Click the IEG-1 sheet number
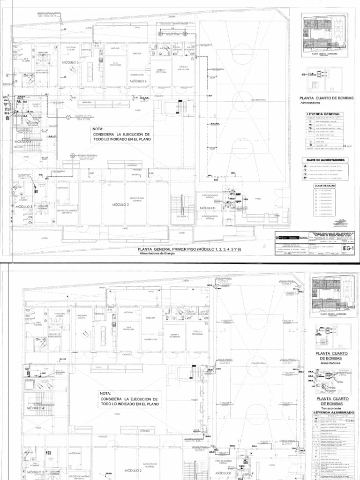(349, 247)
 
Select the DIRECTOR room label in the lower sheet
(150, 317)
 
